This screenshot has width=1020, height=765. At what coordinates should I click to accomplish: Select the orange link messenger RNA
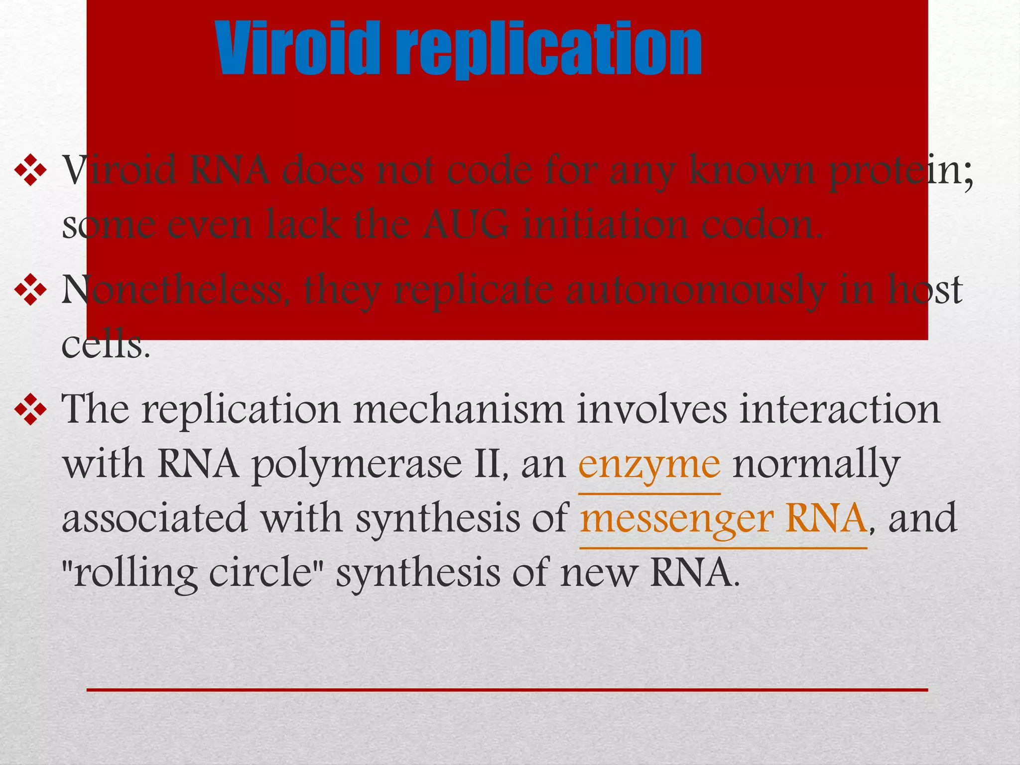click(x=723, y=518)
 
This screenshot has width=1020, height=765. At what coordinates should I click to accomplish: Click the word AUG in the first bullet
click(x=466, y=225)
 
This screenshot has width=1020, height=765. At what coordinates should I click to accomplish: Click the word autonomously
click(x=695, y=290)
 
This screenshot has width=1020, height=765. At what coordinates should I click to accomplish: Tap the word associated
click(x=154, y=518)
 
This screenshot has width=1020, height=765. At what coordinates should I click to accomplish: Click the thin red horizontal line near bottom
click(x=507, y=690)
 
